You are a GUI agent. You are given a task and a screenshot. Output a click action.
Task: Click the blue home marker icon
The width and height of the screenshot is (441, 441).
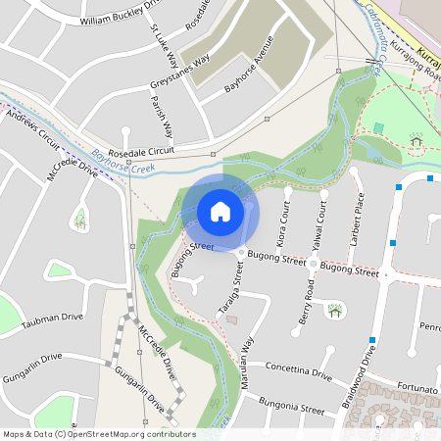(220, 212)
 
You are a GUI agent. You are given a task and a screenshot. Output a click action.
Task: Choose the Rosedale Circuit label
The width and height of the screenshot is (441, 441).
(146, 152)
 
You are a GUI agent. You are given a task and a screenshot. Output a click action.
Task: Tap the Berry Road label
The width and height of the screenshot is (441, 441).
(308, 303)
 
